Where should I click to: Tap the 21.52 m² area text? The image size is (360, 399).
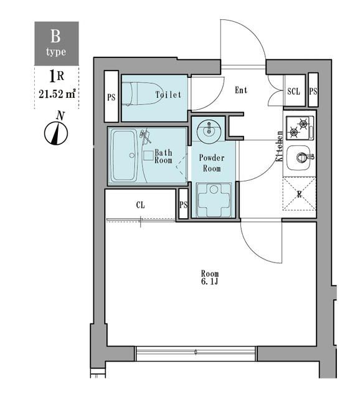[57, 95]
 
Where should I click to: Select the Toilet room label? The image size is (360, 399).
[168, 95]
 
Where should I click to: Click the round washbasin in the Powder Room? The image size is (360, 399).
[207, 131]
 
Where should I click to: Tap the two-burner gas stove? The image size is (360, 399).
[300, 127]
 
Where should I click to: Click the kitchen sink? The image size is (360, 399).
[301, 156]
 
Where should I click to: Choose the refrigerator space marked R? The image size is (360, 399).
[300, 195]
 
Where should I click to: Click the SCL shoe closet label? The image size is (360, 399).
[294, 91]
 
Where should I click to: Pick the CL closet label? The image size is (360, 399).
[141, 204]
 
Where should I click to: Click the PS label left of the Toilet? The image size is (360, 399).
[111, 97]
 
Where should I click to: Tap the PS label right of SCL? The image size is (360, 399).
[313, 91]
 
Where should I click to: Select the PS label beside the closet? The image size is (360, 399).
[183, 206]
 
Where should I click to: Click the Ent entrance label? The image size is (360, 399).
[241, 90]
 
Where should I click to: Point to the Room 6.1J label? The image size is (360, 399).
[210, 278]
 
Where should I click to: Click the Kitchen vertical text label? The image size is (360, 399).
[280, 147]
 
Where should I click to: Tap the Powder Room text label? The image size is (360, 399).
[212, 163]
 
